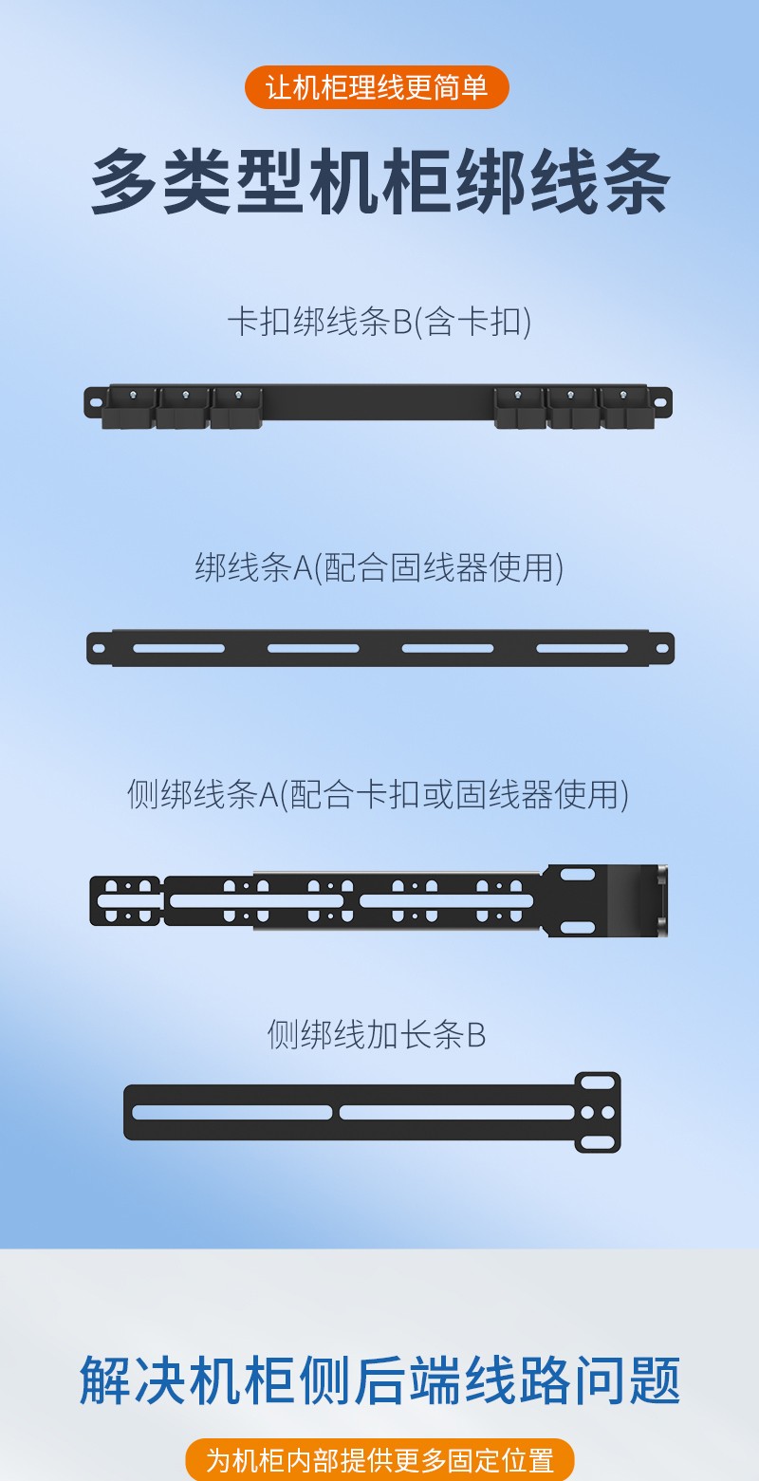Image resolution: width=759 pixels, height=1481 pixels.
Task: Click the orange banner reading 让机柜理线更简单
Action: point(377,87)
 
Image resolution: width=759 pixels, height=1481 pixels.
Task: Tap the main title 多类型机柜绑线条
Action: point(380,182)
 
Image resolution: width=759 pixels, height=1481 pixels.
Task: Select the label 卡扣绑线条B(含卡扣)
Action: point(379,322)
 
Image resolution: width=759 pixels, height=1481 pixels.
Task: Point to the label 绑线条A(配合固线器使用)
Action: point(379,567)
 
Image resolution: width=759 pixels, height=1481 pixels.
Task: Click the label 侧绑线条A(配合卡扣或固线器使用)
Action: point(378,794)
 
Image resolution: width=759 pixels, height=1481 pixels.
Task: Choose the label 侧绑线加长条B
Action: point(377,1034)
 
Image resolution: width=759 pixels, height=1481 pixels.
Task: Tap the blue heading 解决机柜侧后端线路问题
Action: point(379,1379)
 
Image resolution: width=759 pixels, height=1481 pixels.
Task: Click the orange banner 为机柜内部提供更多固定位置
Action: point(379,1460)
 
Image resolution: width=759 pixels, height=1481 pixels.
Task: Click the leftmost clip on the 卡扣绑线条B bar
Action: point(130,408)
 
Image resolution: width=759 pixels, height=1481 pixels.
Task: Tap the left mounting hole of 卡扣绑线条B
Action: point(95,401)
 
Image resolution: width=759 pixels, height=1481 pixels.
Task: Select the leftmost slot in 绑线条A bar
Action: point(178,649)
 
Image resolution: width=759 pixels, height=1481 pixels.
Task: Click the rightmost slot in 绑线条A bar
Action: point(582,649)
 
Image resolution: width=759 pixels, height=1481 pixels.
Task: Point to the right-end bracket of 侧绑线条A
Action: point(605,900)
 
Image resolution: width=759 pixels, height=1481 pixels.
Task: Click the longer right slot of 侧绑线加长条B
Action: point(457,1112)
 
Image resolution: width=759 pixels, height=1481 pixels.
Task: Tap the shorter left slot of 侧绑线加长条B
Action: point(232,1112)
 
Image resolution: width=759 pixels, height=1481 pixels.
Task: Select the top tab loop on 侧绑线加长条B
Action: point(598,1083)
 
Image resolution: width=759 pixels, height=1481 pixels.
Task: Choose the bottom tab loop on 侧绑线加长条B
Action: point(598,1142)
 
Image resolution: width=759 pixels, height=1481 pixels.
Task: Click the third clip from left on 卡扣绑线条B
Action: point(236,408)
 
